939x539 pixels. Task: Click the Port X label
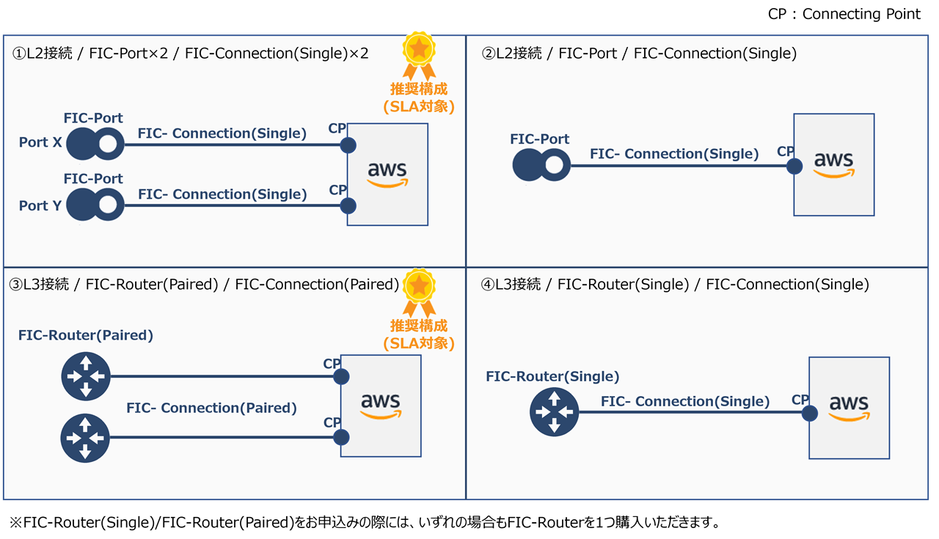[40, 142]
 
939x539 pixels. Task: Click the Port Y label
[40, 205]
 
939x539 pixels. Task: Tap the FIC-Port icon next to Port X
[95, 144]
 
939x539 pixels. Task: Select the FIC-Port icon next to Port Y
[95, 205]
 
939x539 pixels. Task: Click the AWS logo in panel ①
[387, 175]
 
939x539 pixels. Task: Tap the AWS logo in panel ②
[834, 164]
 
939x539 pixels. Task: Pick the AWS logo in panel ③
[381, 406]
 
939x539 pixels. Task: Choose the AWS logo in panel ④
[849, 408]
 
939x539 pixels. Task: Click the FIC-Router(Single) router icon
[554, 412]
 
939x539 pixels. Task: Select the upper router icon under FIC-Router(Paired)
[85, 377]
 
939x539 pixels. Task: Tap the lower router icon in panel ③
[85, 438]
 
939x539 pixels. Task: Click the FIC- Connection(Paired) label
[211, 408]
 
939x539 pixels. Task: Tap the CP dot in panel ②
[794, 166]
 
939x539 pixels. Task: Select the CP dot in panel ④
[809, 413]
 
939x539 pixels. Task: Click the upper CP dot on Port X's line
[348, 144]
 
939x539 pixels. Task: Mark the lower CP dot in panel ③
[340, 438]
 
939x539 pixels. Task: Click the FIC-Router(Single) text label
[552, 376]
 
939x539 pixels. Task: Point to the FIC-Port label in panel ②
[539, 139]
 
